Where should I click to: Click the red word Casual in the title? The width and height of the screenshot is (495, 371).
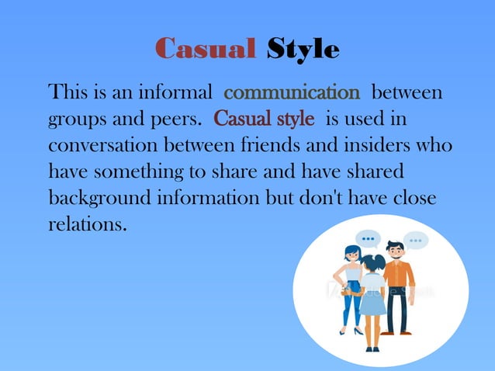click(x=206, y=49)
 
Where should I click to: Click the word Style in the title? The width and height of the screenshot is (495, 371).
click(x=303, y=50)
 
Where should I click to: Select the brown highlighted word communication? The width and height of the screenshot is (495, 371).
click(x=292, y=94)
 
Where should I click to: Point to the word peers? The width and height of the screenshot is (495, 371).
click(x=170, y=120)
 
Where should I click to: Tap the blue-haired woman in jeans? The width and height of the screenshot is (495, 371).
click(x=351, y=287)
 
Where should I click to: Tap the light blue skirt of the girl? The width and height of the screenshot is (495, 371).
click(x=372, y=304)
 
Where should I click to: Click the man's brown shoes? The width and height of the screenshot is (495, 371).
click(x=396, y=332)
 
